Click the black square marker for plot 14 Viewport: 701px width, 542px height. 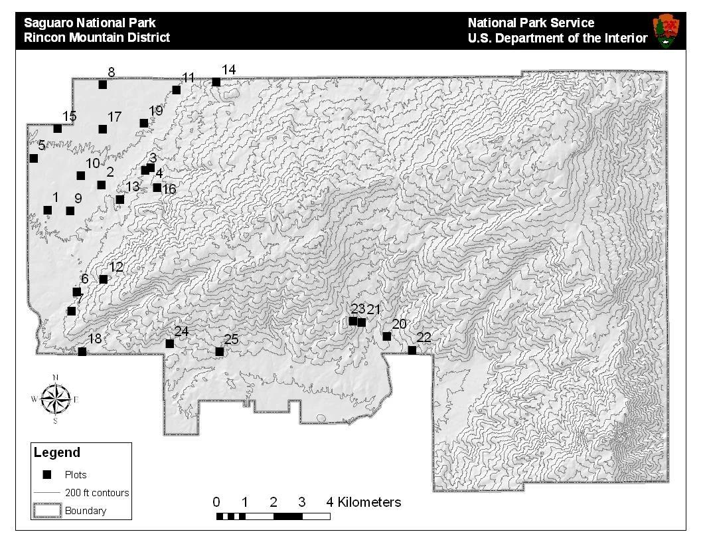pos(216,82)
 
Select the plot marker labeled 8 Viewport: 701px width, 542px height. pos(103,84)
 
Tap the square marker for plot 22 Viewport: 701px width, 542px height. pos(412,350)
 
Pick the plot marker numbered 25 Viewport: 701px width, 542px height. pos(219,351)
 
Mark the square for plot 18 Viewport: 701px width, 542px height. pos(82,351)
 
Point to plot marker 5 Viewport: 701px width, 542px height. pos(34,158)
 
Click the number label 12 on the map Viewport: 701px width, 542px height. pos(116,267)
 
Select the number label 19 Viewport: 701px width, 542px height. pos(156,111)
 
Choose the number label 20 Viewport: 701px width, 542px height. pos(399,324)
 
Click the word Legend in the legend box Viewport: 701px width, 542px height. pos(57,453)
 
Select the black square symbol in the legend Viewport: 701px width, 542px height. pos(46,474)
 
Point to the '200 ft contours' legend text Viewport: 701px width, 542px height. pos(97,493)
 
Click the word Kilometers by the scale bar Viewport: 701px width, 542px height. pos(369,502)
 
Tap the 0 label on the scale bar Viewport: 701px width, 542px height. pos(216,502)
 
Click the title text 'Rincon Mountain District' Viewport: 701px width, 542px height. pos(97,38)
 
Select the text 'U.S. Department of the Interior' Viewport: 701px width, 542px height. pos(558,39)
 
